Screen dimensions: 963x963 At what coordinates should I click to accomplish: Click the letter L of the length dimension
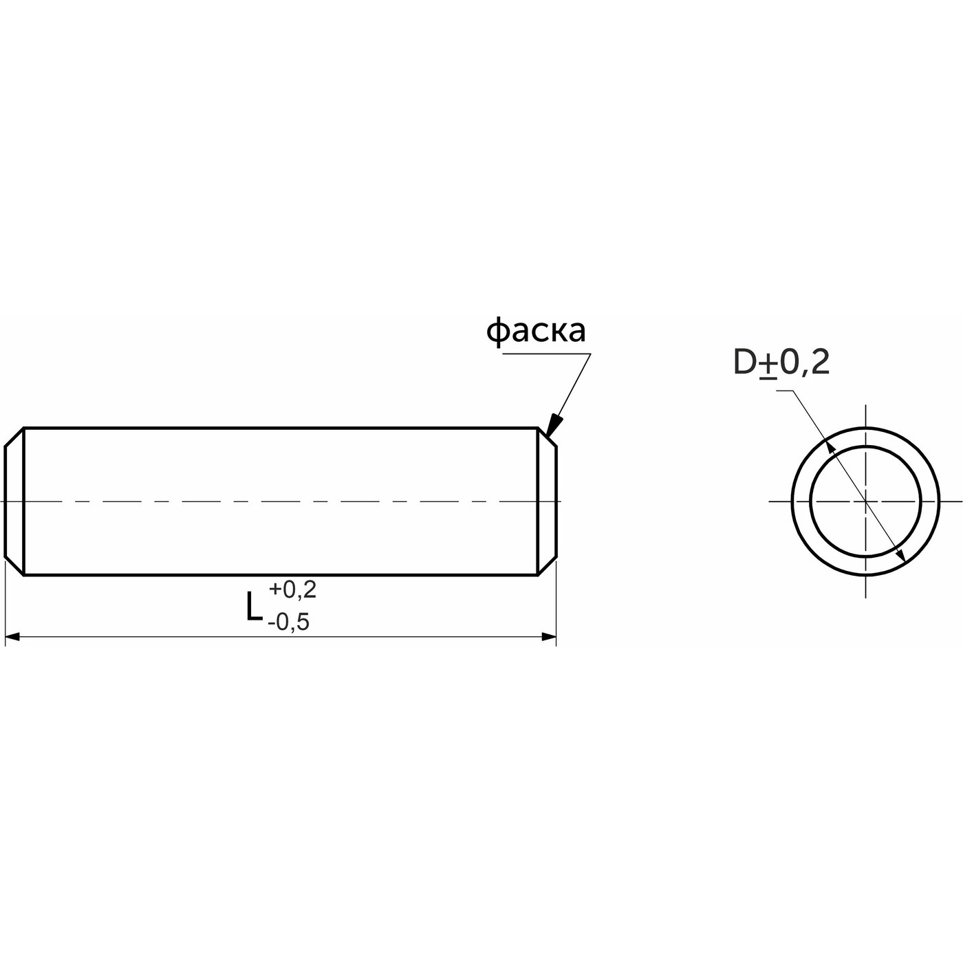click(254, 607)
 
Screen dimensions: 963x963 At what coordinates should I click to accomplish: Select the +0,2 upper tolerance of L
click(292, 589)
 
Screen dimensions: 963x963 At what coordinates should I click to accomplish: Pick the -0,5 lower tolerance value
click(288, 623)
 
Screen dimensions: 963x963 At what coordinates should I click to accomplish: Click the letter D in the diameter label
click(746, 363)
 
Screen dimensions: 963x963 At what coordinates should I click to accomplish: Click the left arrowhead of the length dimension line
click(12, 637)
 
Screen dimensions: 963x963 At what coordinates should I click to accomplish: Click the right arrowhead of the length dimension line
click(549, 637)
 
